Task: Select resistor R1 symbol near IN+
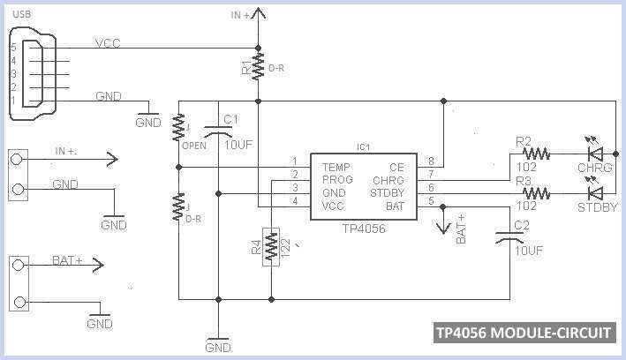point(258,65)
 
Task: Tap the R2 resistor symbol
point(537,154)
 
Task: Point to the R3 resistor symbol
point(537,191)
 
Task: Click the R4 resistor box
point(271,247)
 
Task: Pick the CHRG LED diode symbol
point(595,154)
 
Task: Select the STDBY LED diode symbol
point(595,191)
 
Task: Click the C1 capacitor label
point(230,119)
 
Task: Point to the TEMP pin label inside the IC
point(336,166)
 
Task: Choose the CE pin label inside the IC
point(396,166)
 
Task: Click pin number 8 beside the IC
point(432,161)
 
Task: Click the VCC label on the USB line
point(107,43)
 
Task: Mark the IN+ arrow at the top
point(258,13)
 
